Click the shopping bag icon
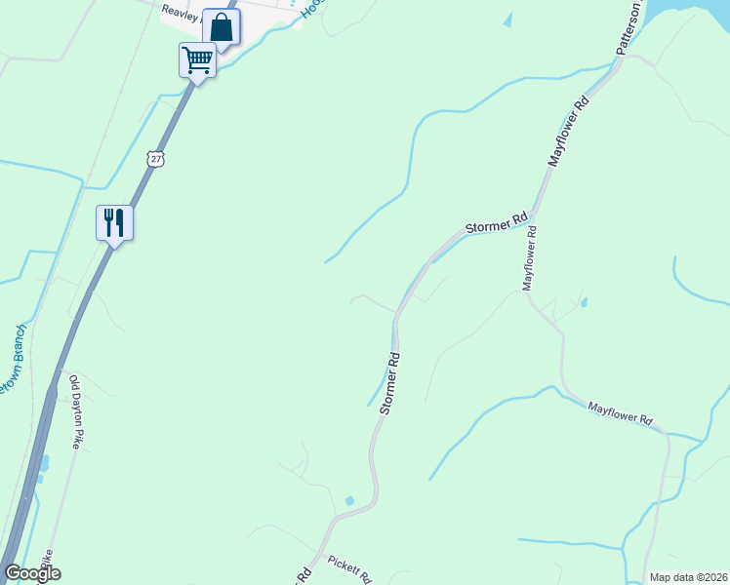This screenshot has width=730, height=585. point(222,28)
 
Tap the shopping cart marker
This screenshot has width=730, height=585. point(197,60)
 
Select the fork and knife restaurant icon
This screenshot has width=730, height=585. point(114,223)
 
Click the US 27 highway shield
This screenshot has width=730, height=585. point(157,158)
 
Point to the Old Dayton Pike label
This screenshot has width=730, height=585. point(76,409)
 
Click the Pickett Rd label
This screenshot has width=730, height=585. point(349,568)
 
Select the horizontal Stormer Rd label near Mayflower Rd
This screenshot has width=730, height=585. point(496,221)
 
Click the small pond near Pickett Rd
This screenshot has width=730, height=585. point(349,501)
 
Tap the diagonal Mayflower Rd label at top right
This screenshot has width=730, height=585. point(570,130)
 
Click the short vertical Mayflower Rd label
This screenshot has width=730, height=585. point(530,258)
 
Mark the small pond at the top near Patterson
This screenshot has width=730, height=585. point(507,19)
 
